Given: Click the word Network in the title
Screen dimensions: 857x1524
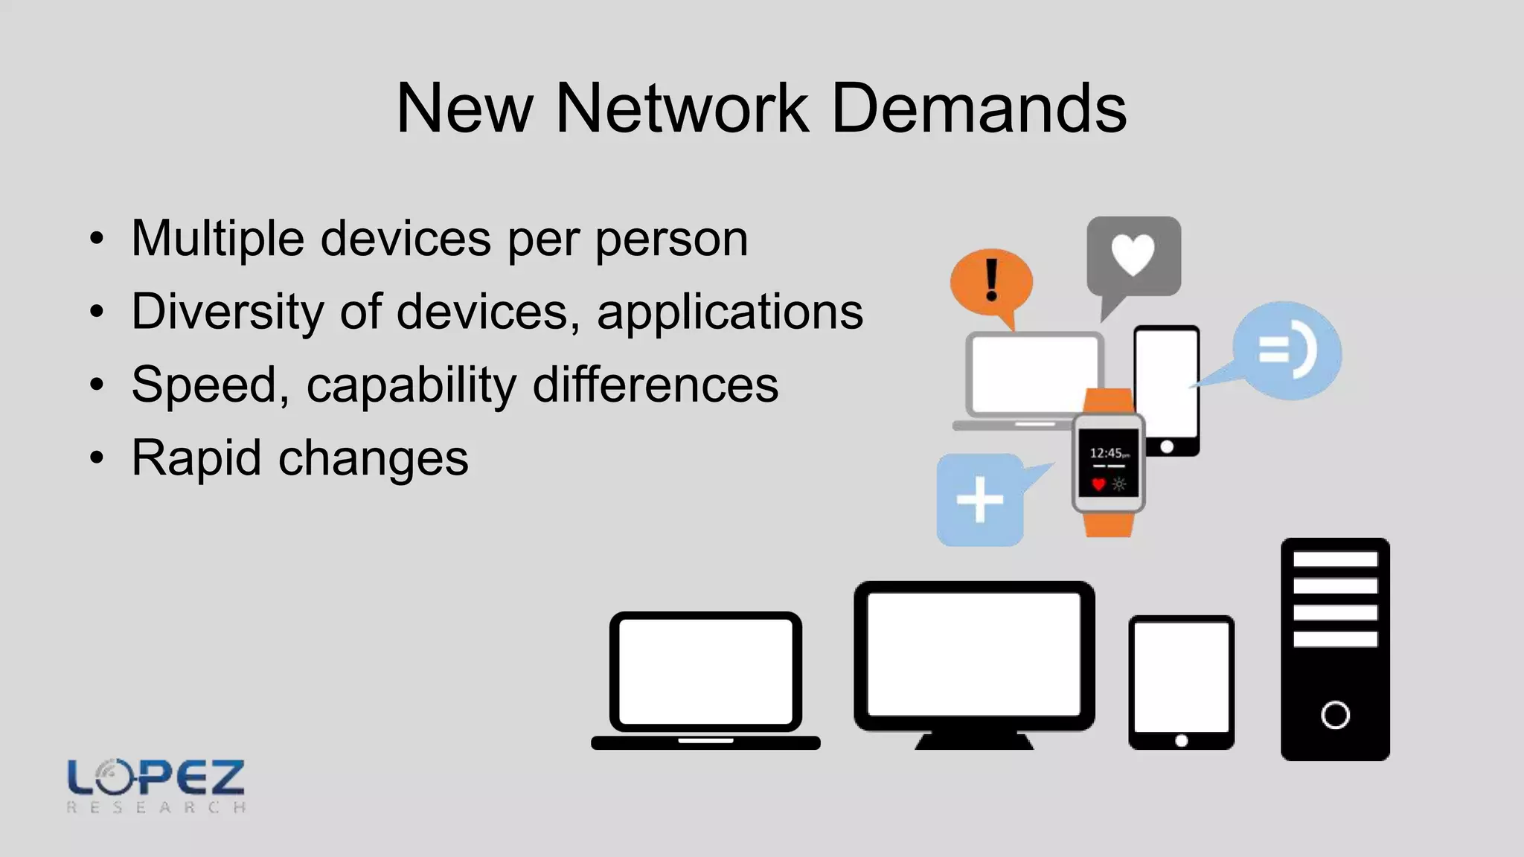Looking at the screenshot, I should click(682, 109).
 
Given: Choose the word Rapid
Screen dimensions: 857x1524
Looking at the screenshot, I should click(196, 458).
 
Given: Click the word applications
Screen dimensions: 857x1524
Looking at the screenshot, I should click(729, 312).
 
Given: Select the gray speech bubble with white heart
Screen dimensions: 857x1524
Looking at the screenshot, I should click(1133, 257).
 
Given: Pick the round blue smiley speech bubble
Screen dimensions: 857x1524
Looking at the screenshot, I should click(1287, 350).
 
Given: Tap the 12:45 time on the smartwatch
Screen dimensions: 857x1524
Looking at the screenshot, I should click(1107, 452).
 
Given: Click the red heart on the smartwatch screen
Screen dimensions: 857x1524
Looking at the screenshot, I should click(1098, 484).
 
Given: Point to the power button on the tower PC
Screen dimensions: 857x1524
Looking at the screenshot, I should click(1335, 715).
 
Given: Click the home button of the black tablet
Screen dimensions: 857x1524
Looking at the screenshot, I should click(1181, 740).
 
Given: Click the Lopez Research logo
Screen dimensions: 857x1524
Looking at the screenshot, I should click(156, 786).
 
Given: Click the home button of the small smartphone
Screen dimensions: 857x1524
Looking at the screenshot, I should click(1167, 446).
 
